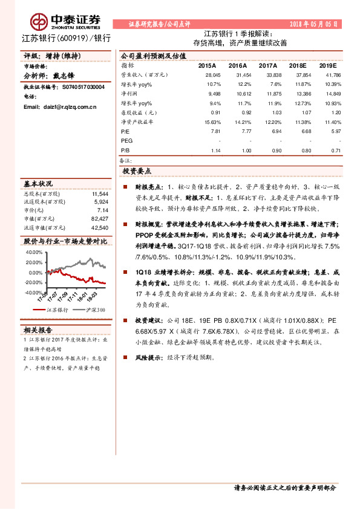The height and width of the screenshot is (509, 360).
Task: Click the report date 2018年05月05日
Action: point(313,24)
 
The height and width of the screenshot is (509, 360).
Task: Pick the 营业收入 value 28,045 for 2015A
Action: point(212,74)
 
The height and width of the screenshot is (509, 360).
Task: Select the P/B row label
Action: point(125,151)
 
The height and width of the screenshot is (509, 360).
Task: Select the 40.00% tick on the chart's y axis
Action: point(34,252)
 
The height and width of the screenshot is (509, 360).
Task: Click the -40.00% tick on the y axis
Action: point(33,293)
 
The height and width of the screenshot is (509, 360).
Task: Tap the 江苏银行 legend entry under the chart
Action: point(57,310)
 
